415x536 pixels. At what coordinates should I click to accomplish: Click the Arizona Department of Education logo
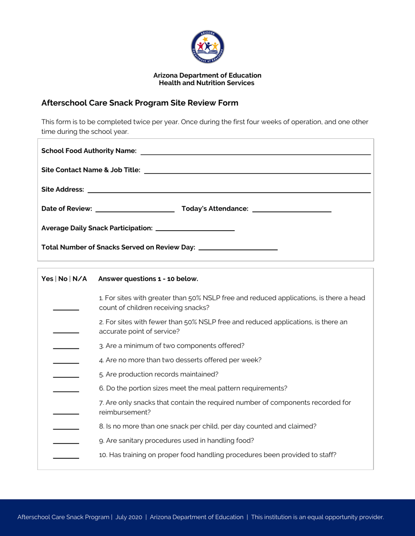[207, 47]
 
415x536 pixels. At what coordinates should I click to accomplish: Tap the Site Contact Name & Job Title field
[257, 170]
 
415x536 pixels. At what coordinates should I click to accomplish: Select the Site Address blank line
[229, 189]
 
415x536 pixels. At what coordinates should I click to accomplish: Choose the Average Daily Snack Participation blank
[195, 227]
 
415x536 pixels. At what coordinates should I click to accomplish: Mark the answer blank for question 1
[66, 307]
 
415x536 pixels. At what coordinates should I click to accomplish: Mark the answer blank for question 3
[66, 345]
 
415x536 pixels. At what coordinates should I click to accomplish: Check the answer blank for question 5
[66, 374]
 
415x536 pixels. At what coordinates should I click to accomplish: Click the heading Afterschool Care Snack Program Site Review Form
[140, 103]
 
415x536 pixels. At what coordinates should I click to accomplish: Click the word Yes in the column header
[47, 278]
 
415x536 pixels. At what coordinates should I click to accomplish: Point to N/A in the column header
[80, 278]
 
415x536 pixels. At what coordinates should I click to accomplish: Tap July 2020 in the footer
[129, 517]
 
